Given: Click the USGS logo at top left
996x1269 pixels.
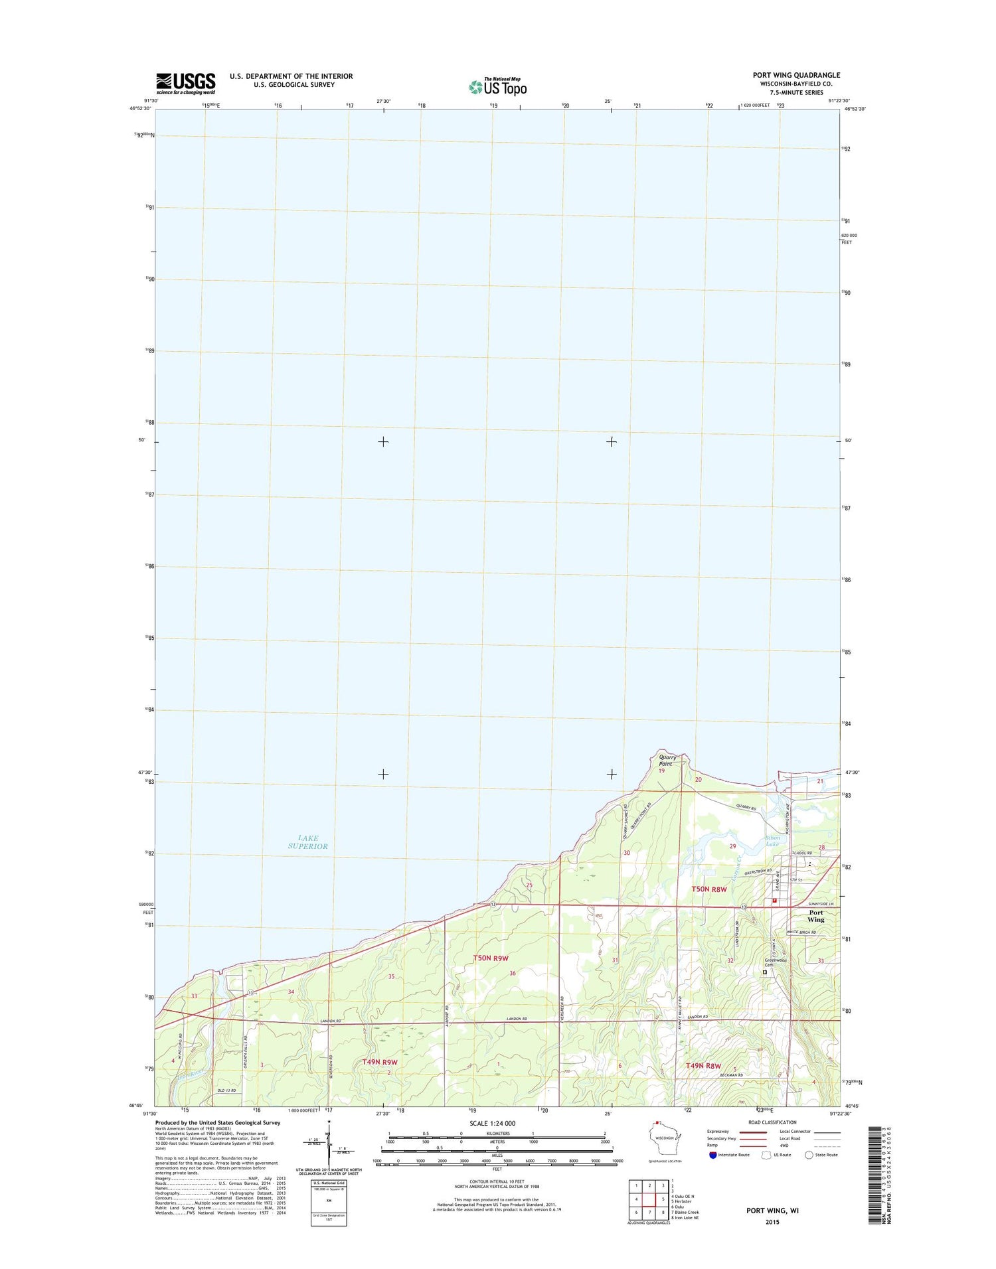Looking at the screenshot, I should click(x=186, y=84).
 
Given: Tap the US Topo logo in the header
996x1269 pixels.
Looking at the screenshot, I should click(x=497, y=86).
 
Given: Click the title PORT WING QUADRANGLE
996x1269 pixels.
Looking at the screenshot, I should click(x=796, y=75).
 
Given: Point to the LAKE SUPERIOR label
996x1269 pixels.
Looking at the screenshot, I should click(x=308, y=842).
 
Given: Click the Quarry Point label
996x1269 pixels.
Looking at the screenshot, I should click(x=667, y=761).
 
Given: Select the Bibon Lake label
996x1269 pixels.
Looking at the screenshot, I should click(x=772, y=841).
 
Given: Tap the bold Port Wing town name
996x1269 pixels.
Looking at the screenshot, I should click(x=815, y=916).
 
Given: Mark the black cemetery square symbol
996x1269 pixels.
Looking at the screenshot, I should click(x=764, y=972).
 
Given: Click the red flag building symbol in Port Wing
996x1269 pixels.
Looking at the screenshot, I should click(x=774, y=901).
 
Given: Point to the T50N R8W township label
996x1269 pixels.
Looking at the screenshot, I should click(x=709, y=889).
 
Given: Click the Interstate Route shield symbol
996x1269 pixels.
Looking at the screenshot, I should click(x=712, y=1155).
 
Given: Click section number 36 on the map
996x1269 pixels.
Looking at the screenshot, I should click(x=513, y=973).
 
